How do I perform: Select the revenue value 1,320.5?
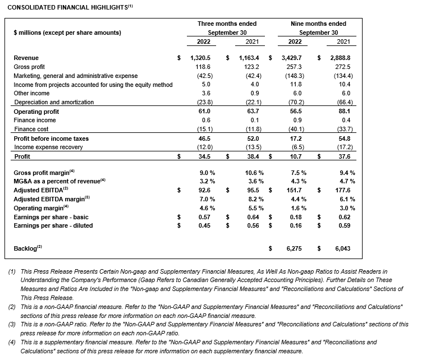203,58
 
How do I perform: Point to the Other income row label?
31,93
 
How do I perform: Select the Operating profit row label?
36,112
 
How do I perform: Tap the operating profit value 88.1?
347,112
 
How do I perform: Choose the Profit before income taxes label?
51,138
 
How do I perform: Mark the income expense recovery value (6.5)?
296,147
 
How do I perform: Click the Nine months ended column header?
318,24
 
